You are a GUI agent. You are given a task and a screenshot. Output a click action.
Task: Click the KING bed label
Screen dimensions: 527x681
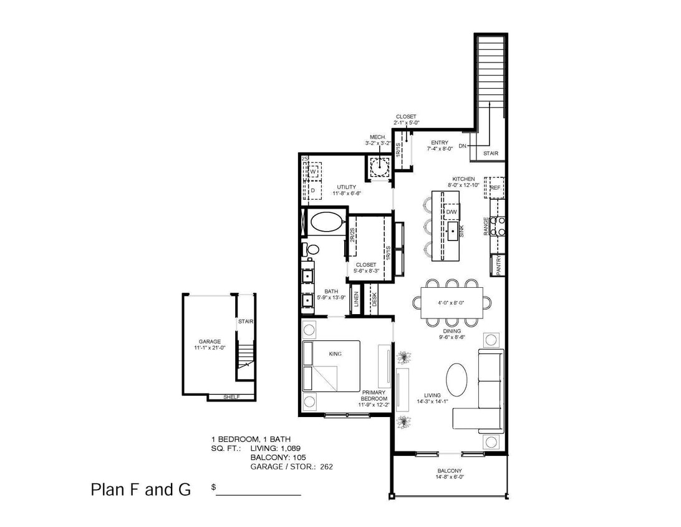335,354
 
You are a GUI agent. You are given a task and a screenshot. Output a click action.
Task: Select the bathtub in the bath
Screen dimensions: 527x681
326,222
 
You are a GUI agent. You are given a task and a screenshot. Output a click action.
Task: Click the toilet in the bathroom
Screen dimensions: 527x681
312,249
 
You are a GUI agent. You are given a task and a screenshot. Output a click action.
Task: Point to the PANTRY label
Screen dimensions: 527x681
498,265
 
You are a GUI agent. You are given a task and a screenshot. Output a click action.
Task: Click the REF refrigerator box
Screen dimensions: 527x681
495,187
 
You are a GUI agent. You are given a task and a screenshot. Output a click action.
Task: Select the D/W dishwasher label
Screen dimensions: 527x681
452,212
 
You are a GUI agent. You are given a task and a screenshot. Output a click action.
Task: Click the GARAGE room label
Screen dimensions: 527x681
210,342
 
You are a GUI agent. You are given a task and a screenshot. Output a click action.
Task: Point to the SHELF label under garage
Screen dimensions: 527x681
231,397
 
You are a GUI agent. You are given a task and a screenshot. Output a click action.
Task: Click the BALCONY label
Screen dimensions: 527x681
449,471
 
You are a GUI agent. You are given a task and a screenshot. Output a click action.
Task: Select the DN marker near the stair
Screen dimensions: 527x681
462,146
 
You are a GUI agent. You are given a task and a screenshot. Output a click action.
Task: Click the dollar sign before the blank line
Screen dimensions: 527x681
214,487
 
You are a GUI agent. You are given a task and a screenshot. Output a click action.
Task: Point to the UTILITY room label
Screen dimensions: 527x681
346,187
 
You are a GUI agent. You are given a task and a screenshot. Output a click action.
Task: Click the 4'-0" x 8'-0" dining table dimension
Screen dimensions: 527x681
452,303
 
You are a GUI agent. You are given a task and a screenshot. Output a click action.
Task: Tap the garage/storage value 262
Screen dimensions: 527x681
326,466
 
